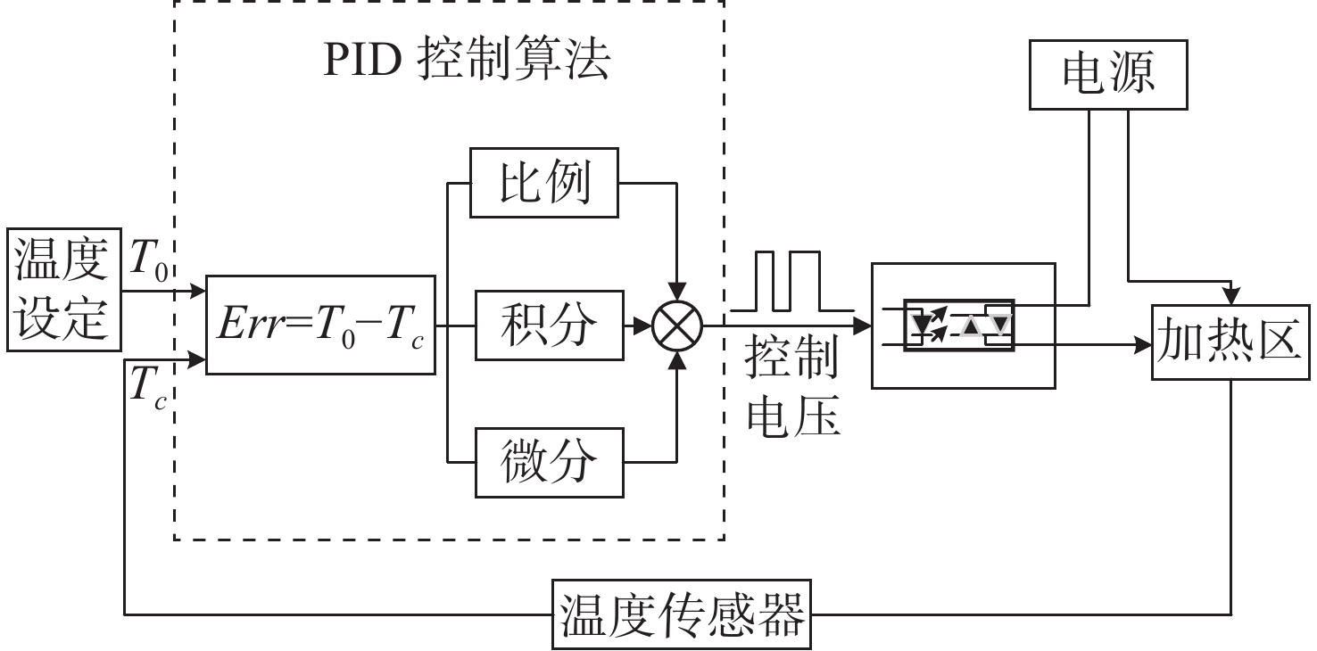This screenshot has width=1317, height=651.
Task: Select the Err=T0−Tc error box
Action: tap(320, 325)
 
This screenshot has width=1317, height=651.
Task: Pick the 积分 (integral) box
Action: tap(548, 325)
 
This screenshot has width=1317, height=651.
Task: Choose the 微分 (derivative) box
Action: tap(548, 462)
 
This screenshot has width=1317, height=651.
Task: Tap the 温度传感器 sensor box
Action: tap(683, 614)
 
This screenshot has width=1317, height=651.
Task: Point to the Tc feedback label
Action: tap(148, 386)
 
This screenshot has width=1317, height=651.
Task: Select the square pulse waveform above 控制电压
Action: tap(790, 283)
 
